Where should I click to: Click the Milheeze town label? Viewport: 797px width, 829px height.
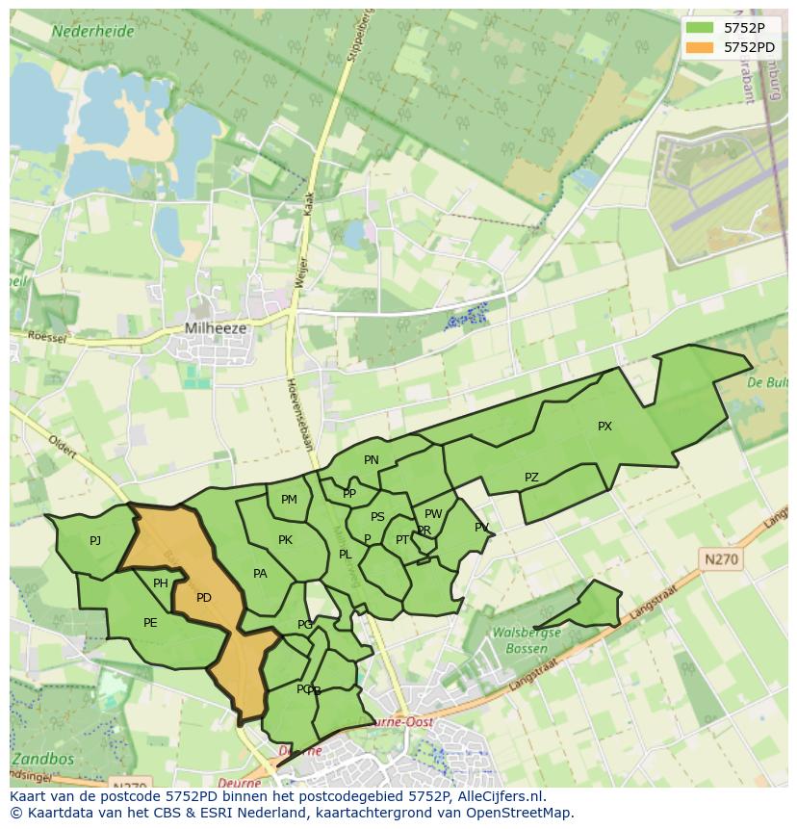[216, 328]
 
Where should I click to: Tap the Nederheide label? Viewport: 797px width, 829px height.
[92, 31]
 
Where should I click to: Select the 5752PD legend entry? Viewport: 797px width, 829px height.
[749, 46]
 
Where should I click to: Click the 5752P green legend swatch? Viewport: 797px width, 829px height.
[701, 28]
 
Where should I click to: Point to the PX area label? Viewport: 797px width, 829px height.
[604, 427]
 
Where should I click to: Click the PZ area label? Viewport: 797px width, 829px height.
[531, 478]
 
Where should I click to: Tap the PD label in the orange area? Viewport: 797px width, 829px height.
[204, 598]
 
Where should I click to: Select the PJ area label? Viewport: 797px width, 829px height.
[95, 541]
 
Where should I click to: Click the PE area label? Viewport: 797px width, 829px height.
[150, 623]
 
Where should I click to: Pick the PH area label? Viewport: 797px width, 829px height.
[161, 583]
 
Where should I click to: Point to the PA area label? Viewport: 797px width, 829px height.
[260, 574]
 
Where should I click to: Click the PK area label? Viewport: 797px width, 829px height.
[285, 540]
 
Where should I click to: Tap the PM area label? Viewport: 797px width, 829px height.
[289, 500]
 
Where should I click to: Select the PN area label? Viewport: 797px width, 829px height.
[372, 460]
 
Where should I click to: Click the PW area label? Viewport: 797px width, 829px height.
[433, 514]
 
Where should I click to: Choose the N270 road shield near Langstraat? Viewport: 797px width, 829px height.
[722, 558]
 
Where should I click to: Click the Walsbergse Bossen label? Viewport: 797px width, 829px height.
[526, 640]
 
